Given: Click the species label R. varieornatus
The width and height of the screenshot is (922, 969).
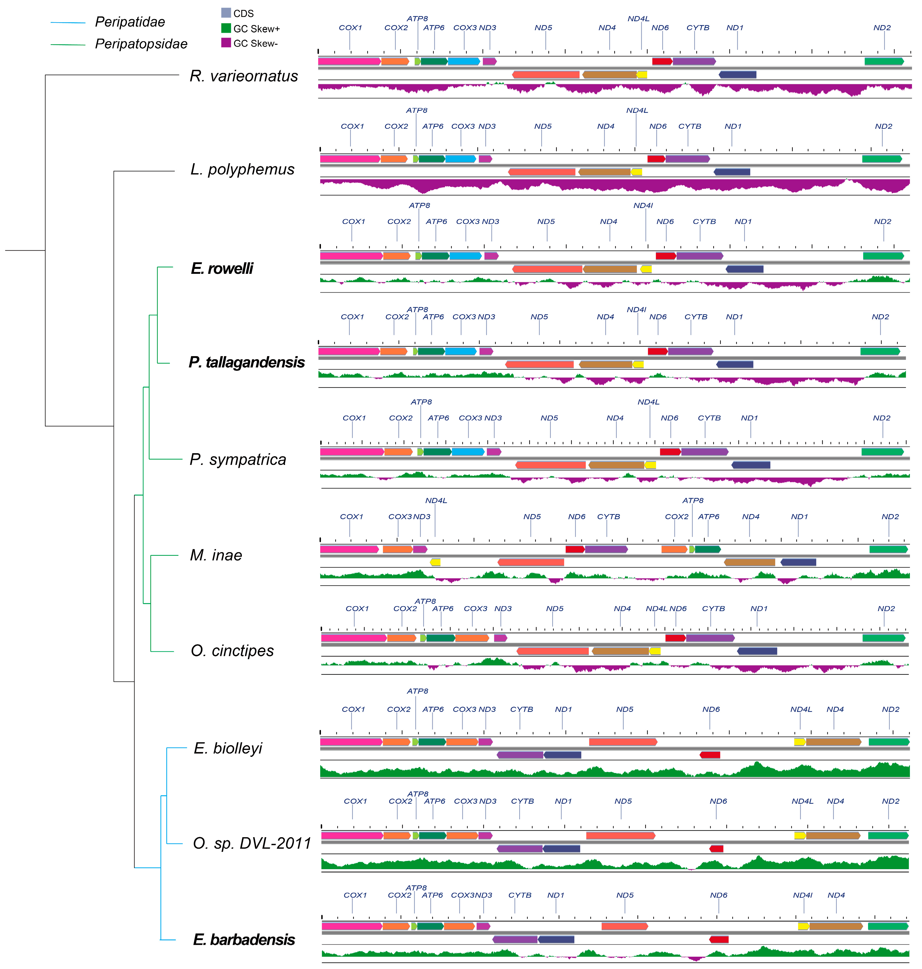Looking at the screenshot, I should pos(244,76).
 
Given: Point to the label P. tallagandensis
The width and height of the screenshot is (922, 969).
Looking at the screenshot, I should pos(247,362).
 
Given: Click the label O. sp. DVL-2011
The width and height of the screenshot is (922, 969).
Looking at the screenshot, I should pos(252,843).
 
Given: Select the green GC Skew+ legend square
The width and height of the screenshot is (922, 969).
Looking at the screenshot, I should pos(226,28).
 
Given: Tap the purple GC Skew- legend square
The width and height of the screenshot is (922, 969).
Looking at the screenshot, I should pos(226,43).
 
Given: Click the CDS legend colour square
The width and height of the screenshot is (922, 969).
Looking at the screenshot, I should pos(226,13).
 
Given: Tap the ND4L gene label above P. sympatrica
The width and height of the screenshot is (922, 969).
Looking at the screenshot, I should pos(648,402).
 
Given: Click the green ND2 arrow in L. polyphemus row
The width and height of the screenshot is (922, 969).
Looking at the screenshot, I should pos(882,159).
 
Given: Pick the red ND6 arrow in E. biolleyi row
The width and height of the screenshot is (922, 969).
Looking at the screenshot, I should pos(710,755).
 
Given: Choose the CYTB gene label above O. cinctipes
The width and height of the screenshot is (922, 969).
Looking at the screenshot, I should pos(713,608).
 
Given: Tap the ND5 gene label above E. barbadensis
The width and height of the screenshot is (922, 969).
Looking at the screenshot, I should pos(625,895).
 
